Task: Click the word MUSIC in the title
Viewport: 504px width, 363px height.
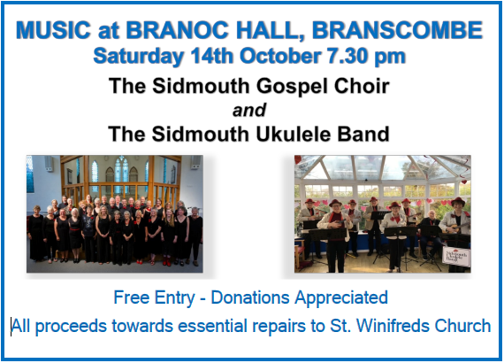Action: (x=54, y=30)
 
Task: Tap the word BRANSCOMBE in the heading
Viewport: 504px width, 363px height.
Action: (x=397, y=30)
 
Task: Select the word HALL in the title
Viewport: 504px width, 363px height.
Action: (x=270, y=31)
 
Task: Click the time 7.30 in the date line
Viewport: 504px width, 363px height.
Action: (x=347, y=56)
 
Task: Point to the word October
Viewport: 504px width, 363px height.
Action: (x=280, y=56)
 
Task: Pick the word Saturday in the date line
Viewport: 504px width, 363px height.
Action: (x=138, y=57)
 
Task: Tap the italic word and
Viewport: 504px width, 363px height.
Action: (x=249, y=110)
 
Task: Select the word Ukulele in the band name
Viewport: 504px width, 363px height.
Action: (x=293, y=134)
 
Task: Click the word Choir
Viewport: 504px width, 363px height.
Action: (x=362, y=86)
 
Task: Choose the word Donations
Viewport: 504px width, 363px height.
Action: (x=250, y=297)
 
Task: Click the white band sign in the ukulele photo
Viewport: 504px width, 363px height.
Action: (x=456, y=256)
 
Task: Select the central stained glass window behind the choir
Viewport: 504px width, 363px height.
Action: (x=121, y=174)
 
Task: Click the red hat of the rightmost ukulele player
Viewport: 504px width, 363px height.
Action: (x=458, y=202)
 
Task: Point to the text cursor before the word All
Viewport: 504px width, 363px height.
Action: (x=11, y=327)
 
